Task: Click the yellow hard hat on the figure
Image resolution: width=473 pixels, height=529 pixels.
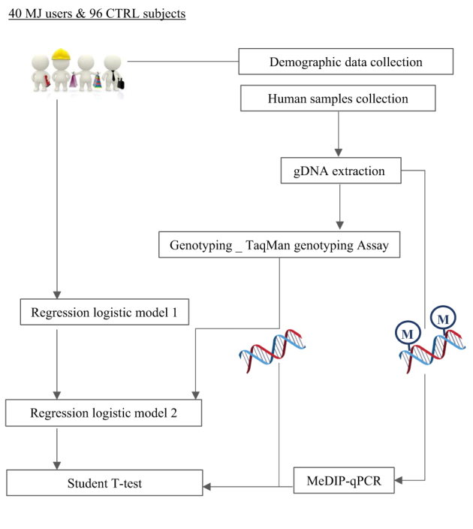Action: (61, 54)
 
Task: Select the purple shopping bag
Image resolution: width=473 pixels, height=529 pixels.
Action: (74, 83)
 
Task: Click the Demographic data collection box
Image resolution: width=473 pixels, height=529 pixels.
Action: (345, 62)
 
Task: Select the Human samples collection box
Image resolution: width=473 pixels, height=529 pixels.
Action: (338, 98)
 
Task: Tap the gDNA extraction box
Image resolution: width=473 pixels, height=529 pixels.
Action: (339, 171)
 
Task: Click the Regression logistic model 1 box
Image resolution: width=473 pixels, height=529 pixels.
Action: (104, 311)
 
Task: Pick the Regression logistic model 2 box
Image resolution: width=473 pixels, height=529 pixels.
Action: (104, 413)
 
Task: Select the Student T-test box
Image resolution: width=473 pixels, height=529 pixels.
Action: (104, 484)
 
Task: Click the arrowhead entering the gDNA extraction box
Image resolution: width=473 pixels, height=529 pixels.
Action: (339, 153)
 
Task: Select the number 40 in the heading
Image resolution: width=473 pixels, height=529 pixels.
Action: (14, 14)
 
